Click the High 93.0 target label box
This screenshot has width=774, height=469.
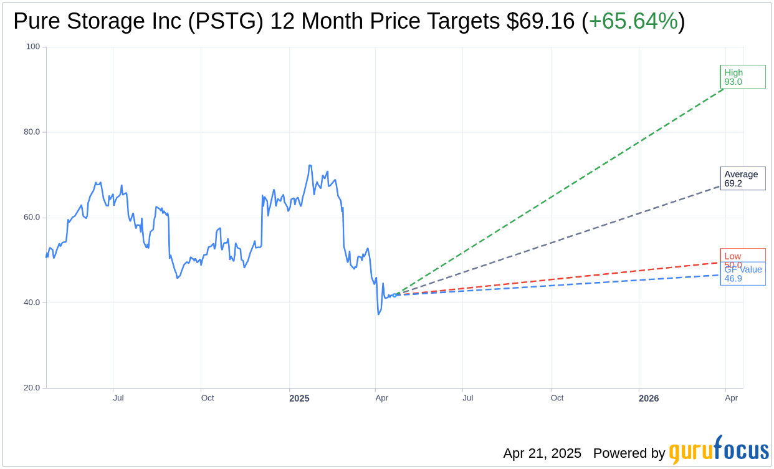pos(742,77)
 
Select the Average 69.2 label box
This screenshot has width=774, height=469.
pos(742,178)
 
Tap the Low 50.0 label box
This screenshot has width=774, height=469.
pos(742,256)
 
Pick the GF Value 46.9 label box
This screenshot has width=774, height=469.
pos(743,274)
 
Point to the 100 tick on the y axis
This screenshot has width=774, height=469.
pos(33,47)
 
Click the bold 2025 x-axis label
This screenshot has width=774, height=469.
pos(299,399)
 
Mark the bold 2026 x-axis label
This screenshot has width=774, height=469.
pos(649,399)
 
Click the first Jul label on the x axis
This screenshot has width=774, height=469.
pos(118,398)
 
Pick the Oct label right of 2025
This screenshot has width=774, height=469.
pos(557,398)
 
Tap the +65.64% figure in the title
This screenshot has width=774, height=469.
pos(633,22)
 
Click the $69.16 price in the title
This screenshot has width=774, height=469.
pos(540,22)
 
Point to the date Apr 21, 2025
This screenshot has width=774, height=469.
pos(542,453)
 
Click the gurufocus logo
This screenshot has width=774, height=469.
pos(719,450)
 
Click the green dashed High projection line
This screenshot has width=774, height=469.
pos(561,191)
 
